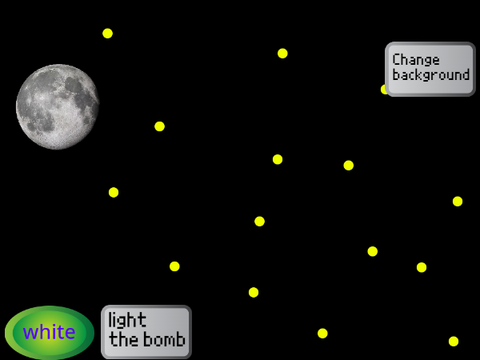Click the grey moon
point(57,107)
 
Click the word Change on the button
point(416,60)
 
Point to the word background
point(431,75)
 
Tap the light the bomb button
point(146,332)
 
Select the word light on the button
point(127,320)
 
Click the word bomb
point(164,339)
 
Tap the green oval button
point(50,332)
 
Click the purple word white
point(49,332)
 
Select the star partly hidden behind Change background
point(384,89)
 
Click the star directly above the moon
point(107,33)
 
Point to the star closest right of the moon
point(159,126)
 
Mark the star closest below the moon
point(113,192)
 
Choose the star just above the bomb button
point(174,266)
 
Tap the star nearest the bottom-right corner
point(453,341)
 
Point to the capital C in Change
point(396,60)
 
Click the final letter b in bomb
point(180,339)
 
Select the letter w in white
point(29,333)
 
